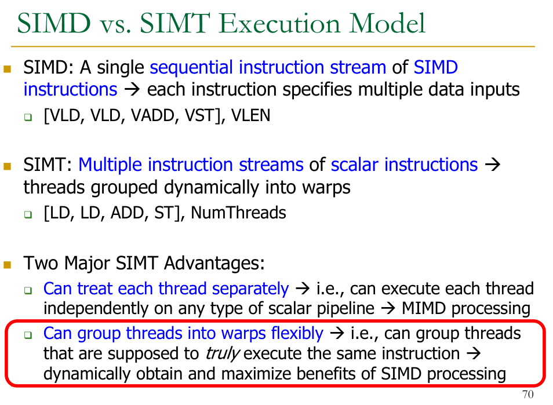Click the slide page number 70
point(527,394)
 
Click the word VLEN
point(250,115)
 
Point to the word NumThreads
point(238,213)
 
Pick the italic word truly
point(223,354)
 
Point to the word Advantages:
point(214,263)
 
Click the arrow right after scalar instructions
point(493,164)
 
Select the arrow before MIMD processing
point(388,308)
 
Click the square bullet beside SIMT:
point(7,166)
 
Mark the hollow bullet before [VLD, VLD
point(28,117)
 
